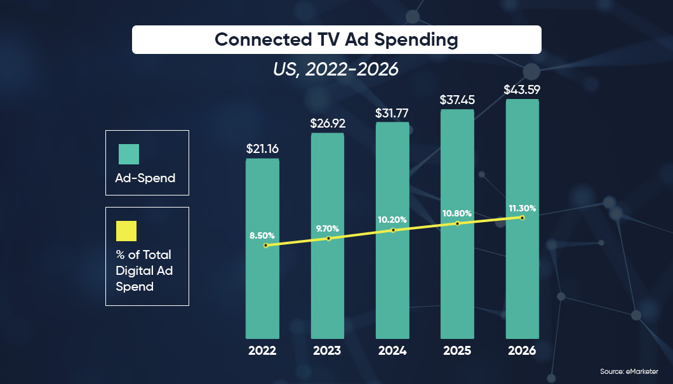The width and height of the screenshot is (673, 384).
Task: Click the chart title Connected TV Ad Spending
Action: tap(336, 39)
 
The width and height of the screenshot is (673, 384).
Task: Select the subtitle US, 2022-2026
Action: tap(336, 69)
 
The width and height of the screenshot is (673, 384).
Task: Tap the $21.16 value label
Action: tap(262, 149)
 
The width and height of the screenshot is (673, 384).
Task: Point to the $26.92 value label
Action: tap(327, 123)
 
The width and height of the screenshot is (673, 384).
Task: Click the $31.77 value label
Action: tap(392, 114)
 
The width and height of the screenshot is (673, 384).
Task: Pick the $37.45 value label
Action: tap(457, 100)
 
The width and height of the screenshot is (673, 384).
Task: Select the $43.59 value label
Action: tap(522, 89)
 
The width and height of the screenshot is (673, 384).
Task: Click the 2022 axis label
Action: tap(262, 350)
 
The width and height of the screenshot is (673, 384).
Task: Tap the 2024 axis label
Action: tap(392, 350)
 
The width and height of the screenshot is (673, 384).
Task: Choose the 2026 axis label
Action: tap(522, 350)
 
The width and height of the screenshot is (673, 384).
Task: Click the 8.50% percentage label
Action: tap(262, 235)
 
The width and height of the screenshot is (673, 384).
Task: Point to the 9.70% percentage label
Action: tap(327, 228)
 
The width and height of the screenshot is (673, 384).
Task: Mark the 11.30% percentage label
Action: tap(522, 208)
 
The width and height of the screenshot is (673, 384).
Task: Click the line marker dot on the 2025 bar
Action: tap(457, 223)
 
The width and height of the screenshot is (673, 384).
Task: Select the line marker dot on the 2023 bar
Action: tap(328, 239)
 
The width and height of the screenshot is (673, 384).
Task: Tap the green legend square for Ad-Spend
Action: tap(129, 154)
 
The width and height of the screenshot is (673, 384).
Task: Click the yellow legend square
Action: tap(126, 231)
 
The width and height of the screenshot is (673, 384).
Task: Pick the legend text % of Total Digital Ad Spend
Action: tap(143, 270)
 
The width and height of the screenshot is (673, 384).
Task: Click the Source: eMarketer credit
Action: tap(629, 371)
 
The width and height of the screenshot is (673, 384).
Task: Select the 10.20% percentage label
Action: tap(392, 220)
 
